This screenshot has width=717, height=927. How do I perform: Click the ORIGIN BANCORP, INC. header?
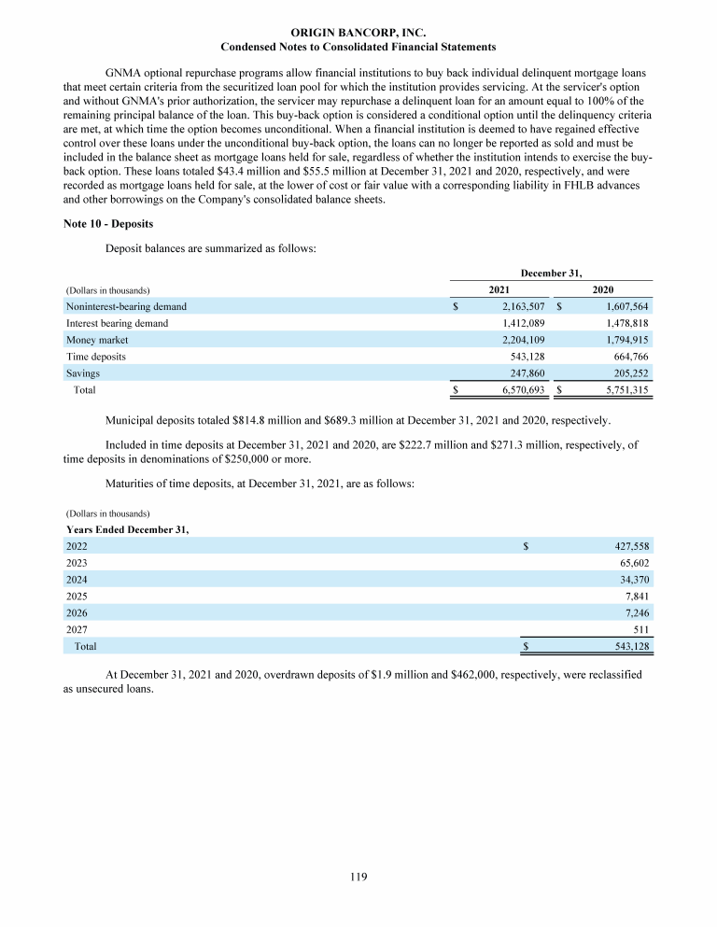(358, 33)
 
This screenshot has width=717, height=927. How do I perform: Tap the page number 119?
(358, 877)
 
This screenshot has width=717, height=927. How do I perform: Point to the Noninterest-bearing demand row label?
(126, 306)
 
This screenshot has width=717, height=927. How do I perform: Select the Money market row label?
(97, 340)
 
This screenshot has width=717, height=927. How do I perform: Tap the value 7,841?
(636, 596)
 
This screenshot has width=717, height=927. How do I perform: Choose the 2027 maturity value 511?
(640, 629)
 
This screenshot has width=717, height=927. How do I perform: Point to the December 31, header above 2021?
(551, 273)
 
